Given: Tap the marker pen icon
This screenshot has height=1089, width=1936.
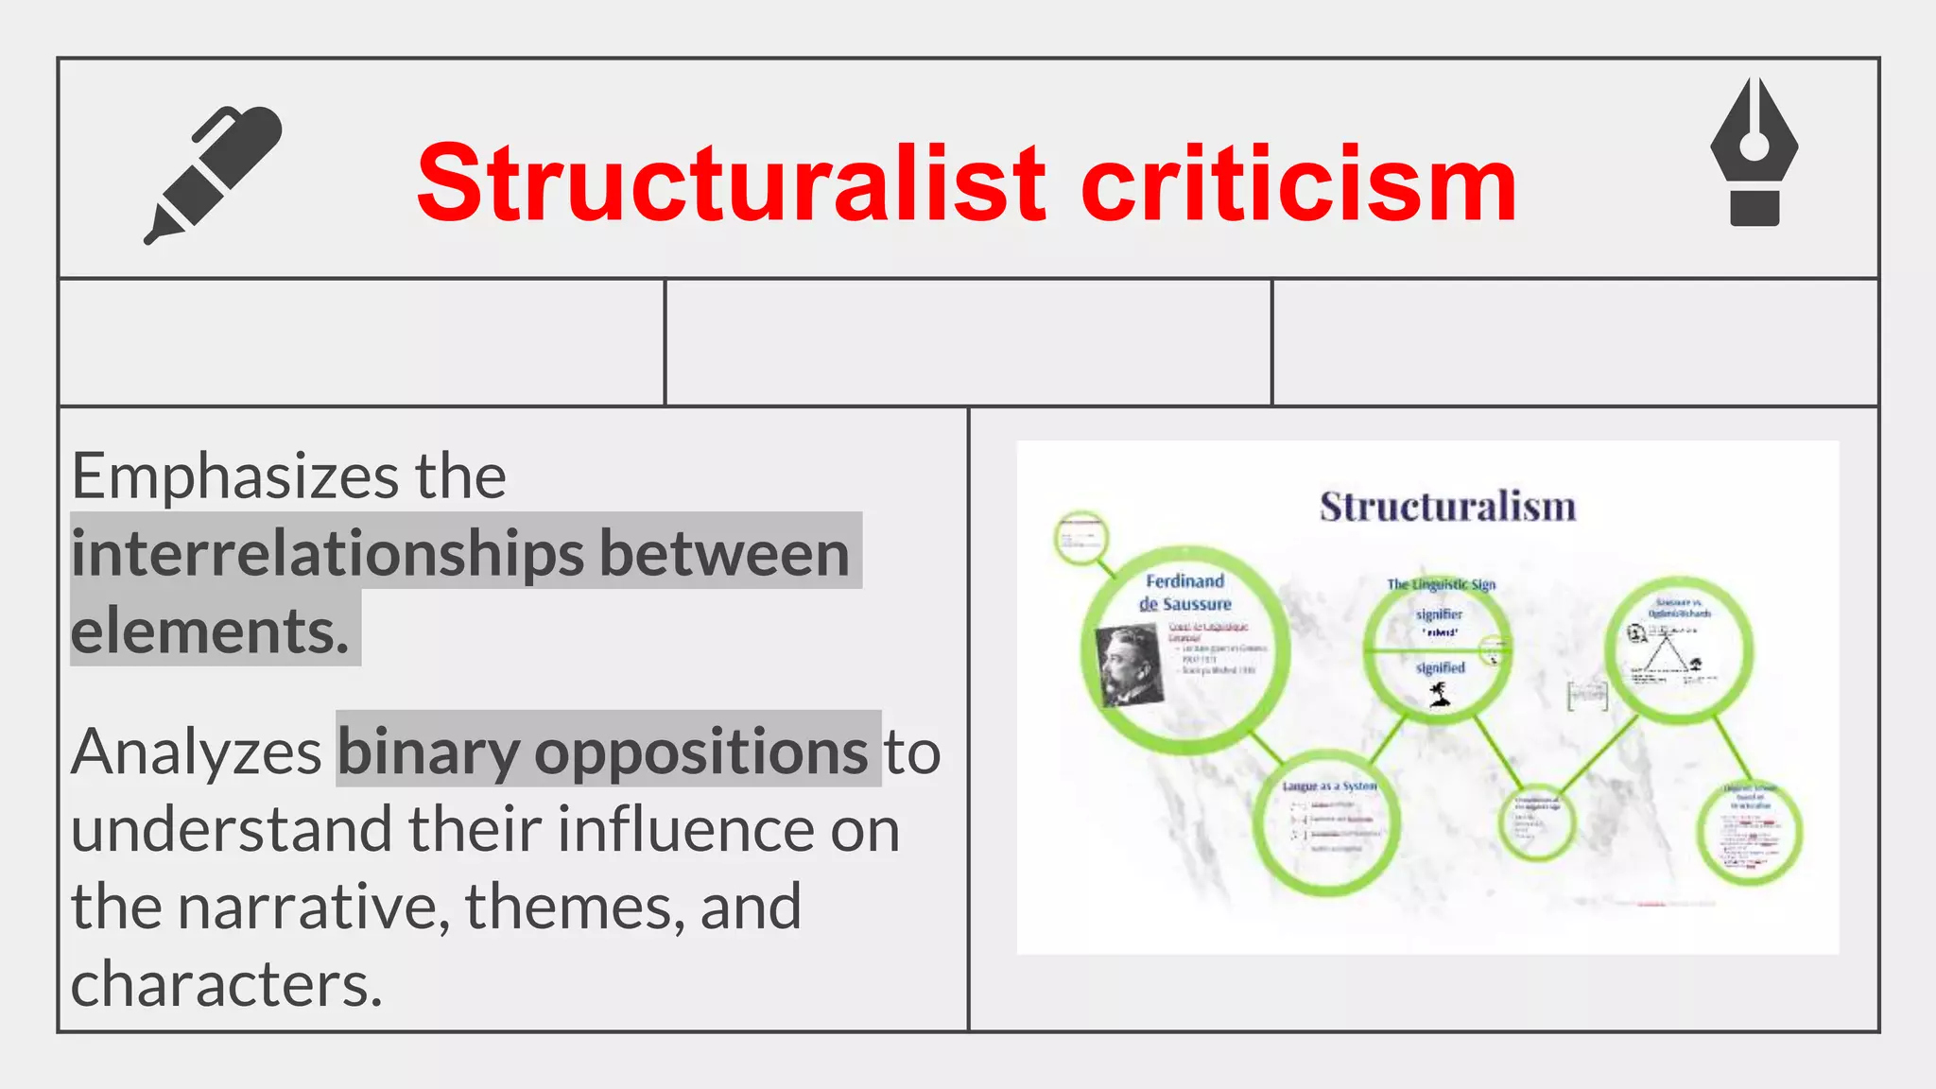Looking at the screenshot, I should coord(214,175).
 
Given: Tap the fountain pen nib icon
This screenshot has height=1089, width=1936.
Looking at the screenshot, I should coord(1754,151).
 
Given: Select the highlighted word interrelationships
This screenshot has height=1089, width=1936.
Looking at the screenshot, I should coord(327,554).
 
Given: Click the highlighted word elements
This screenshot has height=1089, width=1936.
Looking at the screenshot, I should coord(210,631).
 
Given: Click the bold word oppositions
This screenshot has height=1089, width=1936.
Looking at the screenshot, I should coord(700,752).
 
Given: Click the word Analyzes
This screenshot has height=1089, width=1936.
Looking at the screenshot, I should coord(197,752).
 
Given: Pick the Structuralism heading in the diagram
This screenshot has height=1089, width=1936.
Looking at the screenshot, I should coord(1447,507).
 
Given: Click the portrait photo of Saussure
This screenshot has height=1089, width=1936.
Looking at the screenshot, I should coord(1129,666).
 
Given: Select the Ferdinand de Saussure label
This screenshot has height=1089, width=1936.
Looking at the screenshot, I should coord(1185,593).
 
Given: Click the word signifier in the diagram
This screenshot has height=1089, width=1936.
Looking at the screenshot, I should coord(1439,614).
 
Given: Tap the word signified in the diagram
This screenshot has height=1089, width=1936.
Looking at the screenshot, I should coord(1440,667).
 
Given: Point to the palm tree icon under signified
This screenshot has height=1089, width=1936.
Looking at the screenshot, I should coord(1440,695).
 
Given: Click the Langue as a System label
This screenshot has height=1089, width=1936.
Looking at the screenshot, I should coord(1329,786).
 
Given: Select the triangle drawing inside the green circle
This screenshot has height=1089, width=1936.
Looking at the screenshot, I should coord(1666,653).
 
